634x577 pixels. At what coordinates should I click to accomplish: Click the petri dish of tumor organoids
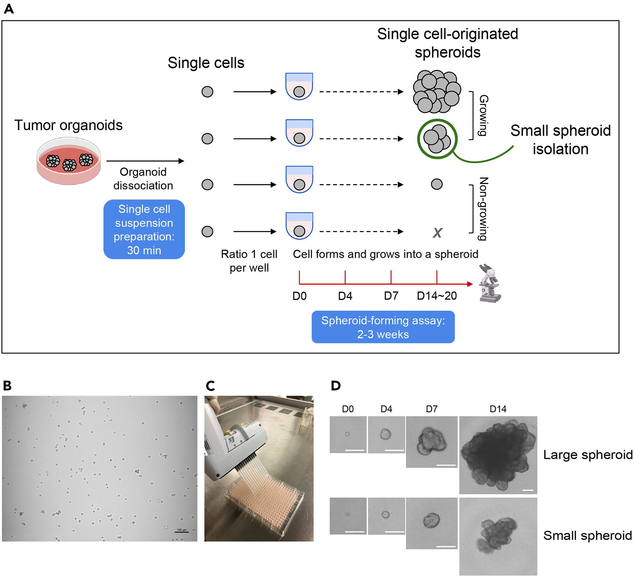click(69, 161)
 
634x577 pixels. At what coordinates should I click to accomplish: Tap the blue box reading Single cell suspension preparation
click(144, 230)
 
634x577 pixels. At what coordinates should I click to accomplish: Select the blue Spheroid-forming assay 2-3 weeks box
click(383, 327)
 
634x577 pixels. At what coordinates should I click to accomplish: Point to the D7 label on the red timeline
click(391, 296)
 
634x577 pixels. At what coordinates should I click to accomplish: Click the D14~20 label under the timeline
click(436, 296)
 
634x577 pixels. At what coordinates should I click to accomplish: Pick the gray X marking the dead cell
click(437, 233)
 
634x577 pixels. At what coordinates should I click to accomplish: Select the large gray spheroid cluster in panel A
click(436, 92)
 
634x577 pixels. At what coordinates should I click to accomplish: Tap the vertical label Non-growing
click(483, 209)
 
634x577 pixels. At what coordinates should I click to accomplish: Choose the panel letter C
click(210, 386)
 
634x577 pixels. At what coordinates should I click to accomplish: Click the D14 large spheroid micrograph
click(498, 455)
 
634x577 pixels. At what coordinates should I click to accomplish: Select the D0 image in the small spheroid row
click(348, 516)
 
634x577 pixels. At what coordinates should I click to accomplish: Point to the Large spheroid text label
click(587, 455)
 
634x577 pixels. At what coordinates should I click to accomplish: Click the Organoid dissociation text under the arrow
click(143, 179)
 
